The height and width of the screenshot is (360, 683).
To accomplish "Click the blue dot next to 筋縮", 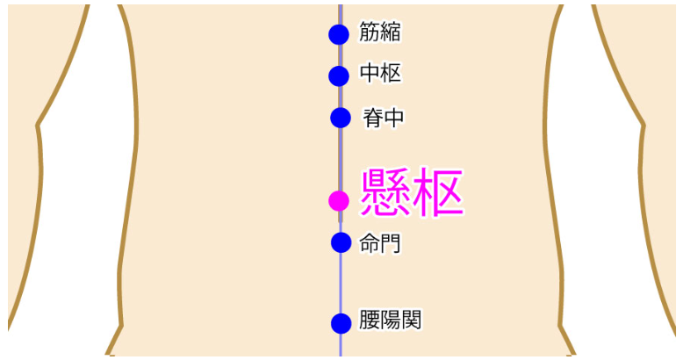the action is point(339,34).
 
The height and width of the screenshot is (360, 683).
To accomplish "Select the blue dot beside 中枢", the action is point(339,76).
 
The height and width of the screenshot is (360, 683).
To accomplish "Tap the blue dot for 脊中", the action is point(341,118).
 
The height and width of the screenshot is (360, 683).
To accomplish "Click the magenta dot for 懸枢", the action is point(339,201).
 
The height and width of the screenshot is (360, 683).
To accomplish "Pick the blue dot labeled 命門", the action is point(341,242).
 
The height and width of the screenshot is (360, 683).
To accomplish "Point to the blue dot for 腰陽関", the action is point(341,323).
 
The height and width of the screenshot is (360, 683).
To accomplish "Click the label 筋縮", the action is point(380,32).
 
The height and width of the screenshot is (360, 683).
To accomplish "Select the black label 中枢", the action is point(380,73).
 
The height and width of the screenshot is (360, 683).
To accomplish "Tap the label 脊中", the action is point(384,118).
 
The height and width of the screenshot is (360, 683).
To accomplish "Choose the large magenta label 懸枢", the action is point(412,192).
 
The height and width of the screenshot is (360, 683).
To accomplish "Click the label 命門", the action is point(380,243).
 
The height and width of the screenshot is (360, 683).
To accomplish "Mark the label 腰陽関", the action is point(391,320).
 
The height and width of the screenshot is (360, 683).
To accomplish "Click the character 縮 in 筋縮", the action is point(391,32).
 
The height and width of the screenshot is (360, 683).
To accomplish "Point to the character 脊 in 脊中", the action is point(373,118).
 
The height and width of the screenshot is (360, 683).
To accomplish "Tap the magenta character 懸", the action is point(385,192).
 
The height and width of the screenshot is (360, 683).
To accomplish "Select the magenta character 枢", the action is point(438,192).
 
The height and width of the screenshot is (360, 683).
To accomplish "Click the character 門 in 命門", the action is point(391,243).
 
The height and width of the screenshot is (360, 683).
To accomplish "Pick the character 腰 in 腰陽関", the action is point(370,320).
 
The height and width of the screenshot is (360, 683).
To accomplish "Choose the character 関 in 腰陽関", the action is point(412,320).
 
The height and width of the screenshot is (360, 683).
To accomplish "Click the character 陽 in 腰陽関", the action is point(391,320).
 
